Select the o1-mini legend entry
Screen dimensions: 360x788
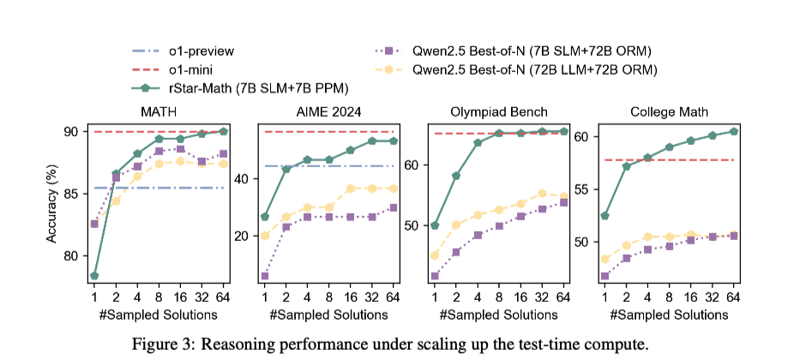(x=189, y=69)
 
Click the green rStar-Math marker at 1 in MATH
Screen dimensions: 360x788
(x=93, y=276)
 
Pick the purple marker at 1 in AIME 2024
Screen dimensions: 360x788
(x=265, y=276)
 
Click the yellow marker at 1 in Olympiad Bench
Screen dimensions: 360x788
(x=435, y=255)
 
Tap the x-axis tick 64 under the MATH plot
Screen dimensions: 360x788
(x=224, y=297)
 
